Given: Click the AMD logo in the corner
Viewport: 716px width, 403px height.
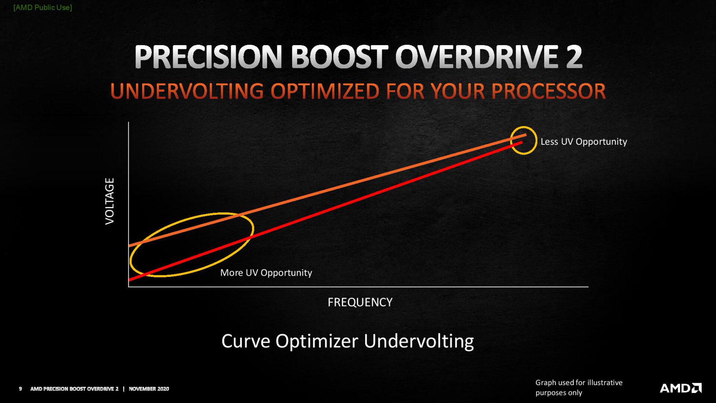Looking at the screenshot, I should [681, 388].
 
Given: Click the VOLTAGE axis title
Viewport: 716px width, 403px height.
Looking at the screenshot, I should [110, 201].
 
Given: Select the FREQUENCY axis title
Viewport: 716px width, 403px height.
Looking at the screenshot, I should [360, 302].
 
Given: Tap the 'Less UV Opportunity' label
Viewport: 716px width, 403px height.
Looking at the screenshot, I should [584, 142].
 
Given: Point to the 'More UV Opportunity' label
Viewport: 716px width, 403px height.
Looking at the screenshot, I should [266, 273].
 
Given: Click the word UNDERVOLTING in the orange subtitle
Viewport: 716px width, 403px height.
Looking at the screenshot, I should [187, 91].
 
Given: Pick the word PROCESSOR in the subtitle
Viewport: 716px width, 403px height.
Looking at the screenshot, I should [548, 91].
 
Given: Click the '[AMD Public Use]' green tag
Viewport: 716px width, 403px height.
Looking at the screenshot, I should [43, 7].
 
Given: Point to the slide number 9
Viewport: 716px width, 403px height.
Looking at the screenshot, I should [21, 389].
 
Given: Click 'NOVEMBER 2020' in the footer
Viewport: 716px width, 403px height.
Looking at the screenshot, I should [149, 389].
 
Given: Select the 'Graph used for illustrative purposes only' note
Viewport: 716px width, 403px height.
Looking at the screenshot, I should [578, 387].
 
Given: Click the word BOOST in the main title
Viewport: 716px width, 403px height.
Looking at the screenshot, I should [339, 57].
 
